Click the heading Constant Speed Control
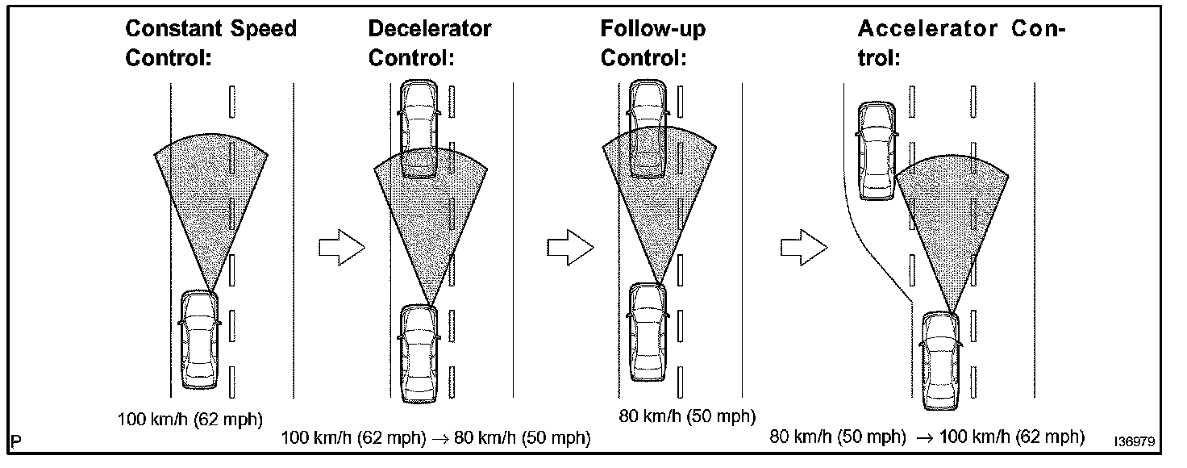click(x=210, y=44)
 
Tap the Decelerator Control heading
click(x=429, y=44)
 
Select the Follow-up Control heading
click(x=652, y=44)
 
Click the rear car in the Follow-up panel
click(x=648, y=331)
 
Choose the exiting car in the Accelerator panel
click(x=877, y=150)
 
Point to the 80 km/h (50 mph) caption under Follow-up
click(x=687, y=416)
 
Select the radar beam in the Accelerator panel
click(x=952, y=218)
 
